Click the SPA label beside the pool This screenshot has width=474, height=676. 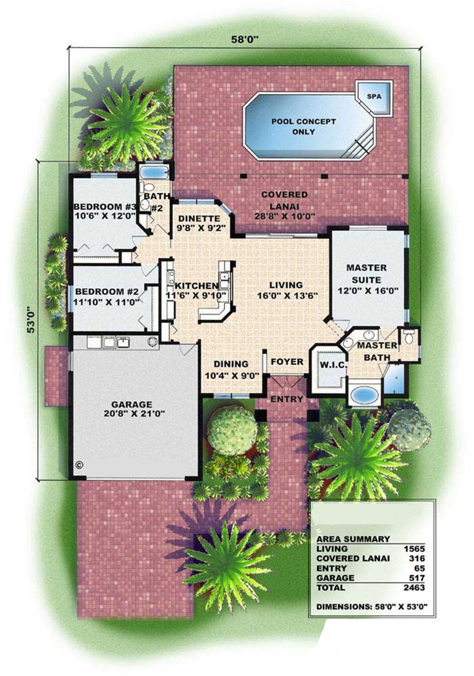tap(374, 96)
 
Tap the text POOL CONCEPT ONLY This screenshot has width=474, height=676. tap(303, 127)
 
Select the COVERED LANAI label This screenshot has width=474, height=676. tap(284, 200)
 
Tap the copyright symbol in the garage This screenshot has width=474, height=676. tap(79, 465)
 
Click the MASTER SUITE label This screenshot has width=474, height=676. tap(366, 274)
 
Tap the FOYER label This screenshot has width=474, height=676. tap(287, 362)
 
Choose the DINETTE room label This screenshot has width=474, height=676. tap(199, 218)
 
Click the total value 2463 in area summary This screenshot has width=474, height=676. tap(414, 587)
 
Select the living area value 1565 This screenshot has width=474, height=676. tap(414, 548)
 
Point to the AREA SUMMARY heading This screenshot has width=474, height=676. tap(353, 539)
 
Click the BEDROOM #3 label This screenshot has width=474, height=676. tap(105, 207)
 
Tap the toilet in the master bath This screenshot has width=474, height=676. tap(409, 337)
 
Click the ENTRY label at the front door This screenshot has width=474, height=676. tap(287, 399)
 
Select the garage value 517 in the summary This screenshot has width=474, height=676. tap(417, 578)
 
